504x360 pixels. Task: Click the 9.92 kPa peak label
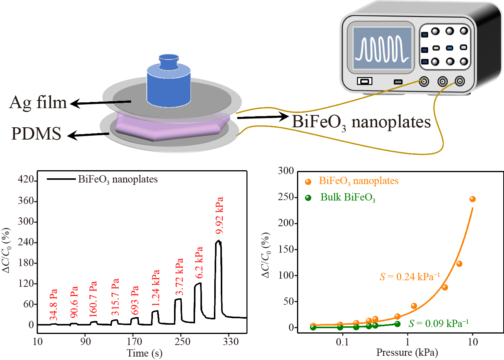[220, 215]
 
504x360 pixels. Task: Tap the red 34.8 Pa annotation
[54, 305]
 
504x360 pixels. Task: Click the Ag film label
[38, 102]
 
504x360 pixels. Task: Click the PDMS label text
[36, 133]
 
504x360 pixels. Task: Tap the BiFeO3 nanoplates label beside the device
[361, 122]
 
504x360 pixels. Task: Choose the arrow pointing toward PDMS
[88, 135]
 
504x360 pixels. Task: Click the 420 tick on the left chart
[26, 181]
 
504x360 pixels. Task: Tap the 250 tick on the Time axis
[182, 342]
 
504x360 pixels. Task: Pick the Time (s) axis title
[144, 353]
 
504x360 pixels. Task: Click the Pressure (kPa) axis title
[407, 352]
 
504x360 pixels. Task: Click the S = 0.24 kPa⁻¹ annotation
[409, 276]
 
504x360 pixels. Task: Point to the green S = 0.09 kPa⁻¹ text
[438, 324]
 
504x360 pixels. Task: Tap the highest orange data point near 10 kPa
[472, 199]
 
